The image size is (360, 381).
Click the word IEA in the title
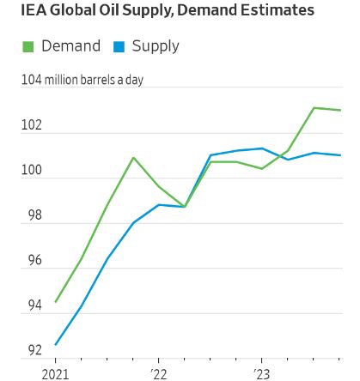36,11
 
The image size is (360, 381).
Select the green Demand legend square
27,47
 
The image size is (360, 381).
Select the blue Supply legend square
119,47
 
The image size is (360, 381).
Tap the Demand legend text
70,46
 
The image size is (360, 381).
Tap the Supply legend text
156,46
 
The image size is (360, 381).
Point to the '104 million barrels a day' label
82,80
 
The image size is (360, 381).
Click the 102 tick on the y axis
32,126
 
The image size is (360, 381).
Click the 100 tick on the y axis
32,172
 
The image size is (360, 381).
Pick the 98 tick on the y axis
32,216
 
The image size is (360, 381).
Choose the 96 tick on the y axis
32,261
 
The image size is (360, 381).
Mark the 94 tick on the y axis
32,306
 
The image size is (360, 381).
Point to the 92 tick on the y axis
32,351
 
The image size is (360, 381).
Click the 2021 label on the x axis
56,373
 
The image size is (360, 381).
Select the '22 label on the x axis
158,373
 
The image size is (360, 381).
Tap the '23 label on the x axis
261,373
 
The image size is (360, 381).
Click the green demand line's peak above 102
314,108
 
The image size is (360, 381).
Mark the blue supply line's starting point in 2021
56,345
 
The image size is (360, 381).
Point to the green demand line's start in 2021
56,301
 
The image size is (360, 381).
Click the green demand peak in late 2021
133,158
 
